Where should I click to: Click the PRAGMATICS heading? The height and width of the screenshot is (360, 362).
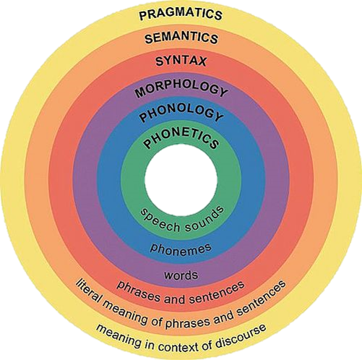pos(181,14)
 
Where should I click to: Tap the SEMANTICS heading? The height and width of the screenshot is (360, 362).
pos(181,38)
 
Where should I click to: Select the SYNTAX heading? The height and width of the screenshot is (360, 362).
pos(181,61)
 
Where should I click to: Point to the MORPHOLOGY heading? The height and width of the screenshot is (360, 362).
pos(181,89)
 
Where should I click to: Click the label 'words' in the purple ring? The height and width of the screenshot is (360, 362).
pos(181,275)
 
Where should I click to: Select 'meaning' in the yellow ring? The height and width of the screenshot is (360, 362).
pos(118,337)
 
